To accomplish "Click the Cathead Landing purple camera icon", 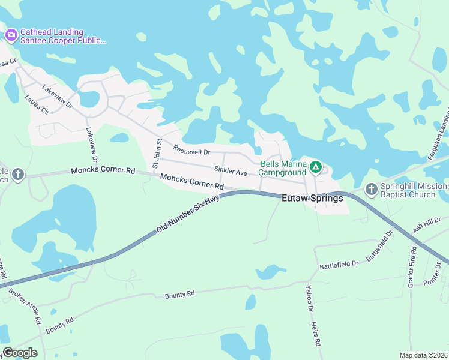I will pos(11,35).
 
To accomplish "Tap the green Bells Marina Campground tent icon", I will pos(316,166).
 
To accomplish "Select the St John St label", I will pos(157,154).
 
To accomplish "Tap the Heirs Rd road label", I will pos(316,334).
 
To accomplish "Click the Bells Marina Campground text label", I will pos(283,167).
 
